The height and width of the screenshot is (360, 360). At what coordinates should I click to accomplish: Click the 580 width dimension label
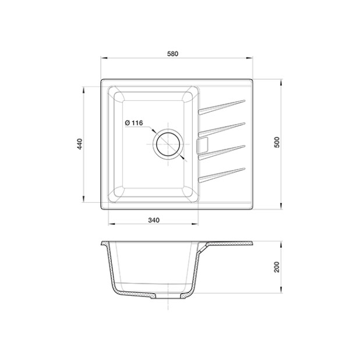(x=172, y=54)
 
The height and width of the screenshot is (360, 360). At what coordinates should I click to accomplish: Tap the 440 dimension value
(x=80, y=144)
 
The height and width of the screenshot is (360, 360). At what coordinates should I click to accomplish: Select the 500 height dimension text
(x=277, y=142)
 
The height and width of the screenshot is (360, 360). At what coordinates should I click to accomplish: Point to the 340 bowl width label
(x=154, y=220)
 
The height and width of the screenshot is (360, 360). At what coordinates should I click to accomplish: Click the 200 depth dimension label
(x=277, y=267)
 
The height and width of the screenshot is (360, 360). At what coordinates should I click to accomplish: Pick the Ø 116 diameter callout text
(x=134, y=123)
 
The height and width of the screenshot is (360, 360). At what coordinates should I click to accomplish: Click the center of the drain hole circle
(x=168, y=144)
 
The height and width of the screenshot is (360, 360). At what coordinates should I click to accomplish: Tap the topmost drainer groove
(x=221, y=107)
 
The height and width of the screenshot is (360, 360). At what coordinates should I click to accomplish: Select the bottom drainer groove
(x=221, y=175)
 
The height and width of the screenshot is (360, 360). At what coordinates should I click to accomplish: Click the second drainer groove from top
(x=221, y=129)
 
